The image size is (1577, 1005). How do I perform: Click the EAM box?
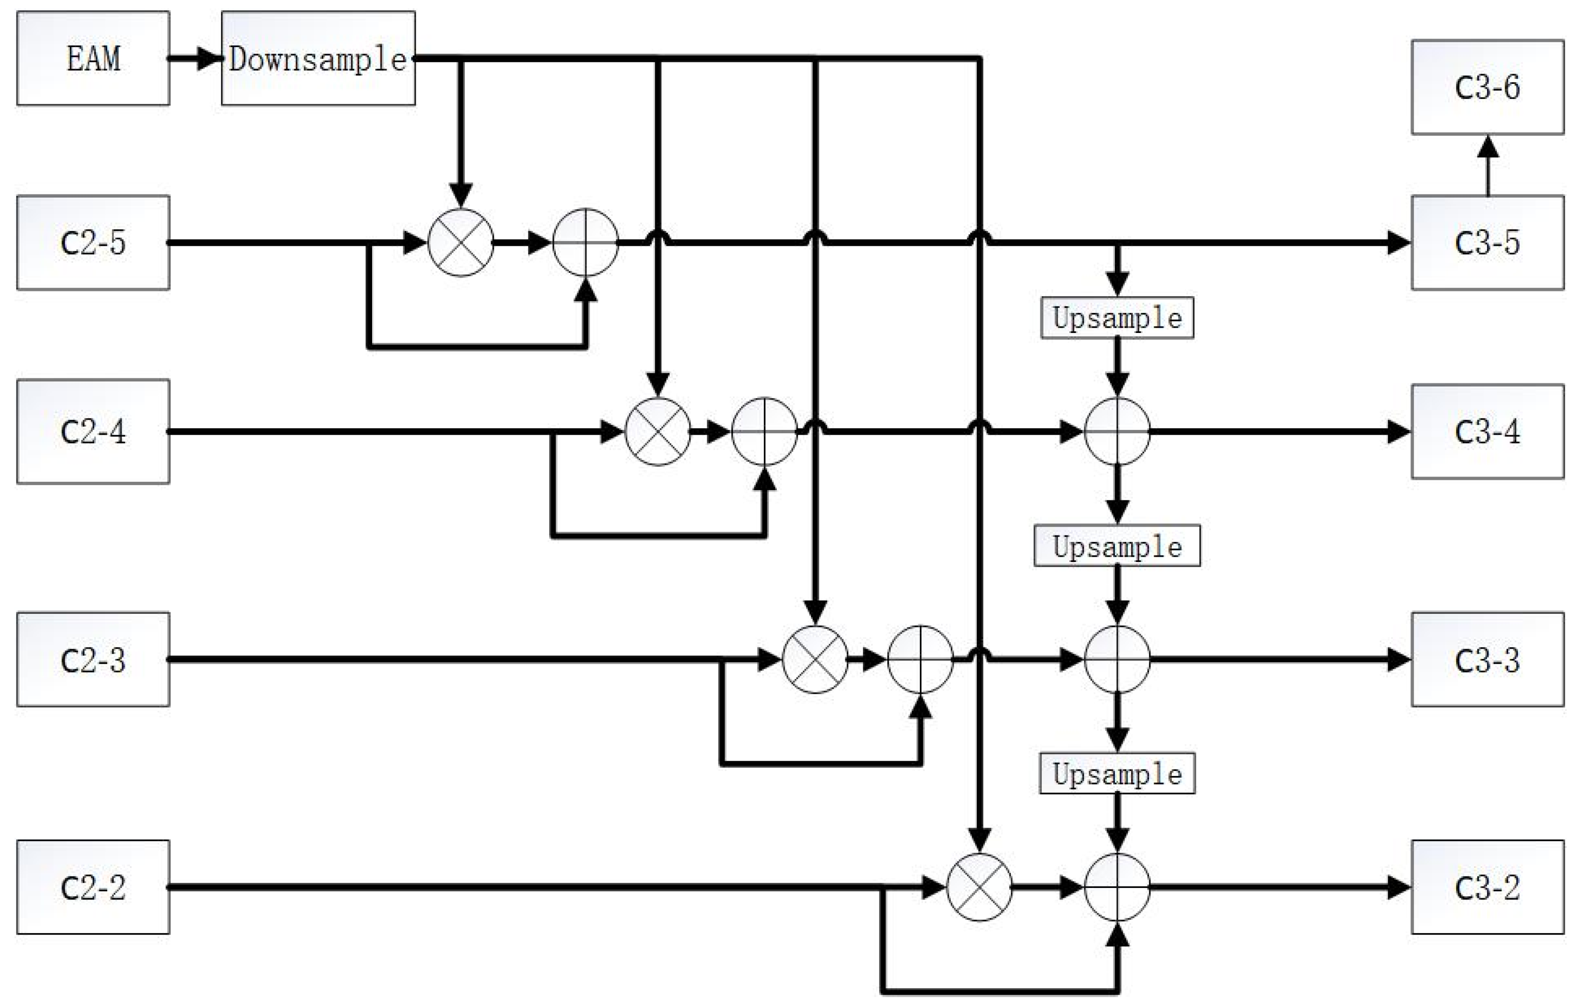pos(93,58)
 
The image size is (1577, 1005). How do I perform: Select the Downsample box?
pos(318,58)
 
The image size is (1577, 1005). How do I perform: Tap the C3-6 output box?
pos(1487,87)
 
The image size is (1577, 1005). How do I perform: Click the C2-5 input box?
pos(93,243)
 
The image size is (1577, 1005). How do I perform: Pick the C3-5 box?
pos(1487,243)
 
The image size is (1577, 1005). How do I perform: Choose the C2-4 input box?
pos(93,431)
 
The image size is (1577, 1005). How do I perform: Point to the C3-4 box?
pos(1487,431)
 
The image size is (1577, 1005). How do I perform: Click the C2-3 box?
pos(93,659)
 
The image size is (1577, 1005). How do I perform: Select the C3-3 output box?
pos(1487,659)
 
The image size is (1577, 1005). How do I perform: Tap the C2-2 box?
pos(93,887)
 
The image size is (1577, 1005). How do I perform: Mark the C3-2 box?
pos(1487,887)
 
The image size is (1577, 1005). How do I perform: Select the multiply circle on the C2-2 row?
pos(979,887)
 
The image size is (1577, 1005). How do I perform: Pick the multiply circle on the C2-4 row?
pos(657,431)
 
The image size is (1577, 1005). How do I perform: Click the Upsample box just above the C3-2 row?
pos(1117,774)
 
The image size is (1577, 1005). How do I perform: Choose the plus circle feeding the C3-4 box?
pos(1117,431)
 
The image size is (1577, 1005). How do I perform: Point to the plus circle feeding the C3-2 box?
pos(1117,887)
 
